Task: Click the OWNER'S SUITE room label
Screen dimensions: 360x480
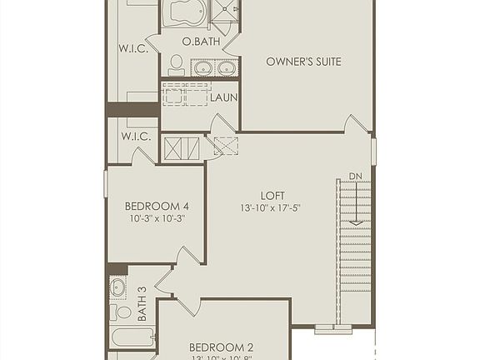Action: point(303,62)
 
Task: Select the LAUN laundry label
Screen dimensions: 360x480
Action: point(223,97)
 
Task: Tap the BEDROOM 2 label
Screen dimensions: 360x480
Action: point(221,347)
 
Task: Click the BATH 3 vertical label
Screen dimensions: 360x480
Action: point(142,304)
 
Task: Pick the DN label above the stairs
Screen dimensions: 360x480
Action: point(355,176)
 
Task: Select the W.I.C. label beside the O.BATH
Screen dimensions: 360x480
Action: point(133,49)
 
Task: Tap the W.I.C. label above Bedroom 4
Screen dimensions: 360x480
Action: point(134,136)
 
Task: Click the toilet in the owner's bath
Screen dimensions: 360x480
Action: point(177,65)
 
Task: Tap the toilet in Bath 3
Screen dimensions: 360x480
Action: point(114,312)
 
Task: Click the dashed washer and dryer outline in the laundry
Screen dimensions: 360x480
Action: point(183,94)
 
